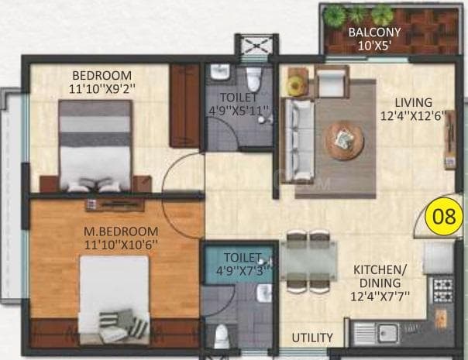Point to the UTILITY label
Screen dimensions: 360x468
click(312, 338)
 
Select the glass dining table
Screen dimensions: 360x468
click(308, 260)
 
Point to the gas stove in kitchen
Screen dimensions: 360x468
click(442, 290)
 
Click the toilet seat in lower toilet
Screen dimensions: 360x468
click(222, 335)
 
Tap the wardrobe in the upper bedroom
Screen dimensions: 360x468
click(185, 105)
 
